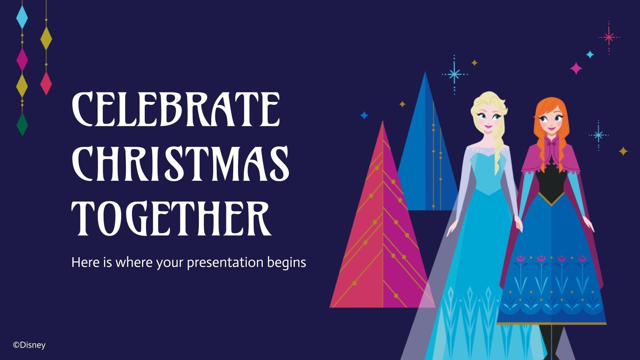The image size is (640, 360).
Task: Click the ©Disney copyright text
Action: coord(29,345)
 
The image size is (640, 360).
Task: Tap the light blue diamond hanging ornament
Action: coord(22,17)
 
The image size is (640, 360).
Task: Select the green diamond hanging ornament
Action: coord(22,124)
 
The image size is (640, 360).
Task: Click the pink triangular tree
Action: coord(380,240)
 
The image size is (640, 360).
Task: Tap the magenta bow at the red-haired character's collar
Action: coord(552,142)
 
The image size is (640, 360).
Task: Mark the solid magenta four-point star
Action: coord(576,68)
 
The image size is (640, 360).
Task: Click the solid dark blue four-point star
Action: coord(364,115)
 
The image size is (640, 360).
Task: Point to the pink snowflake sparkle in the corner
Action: coord(609,38)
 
